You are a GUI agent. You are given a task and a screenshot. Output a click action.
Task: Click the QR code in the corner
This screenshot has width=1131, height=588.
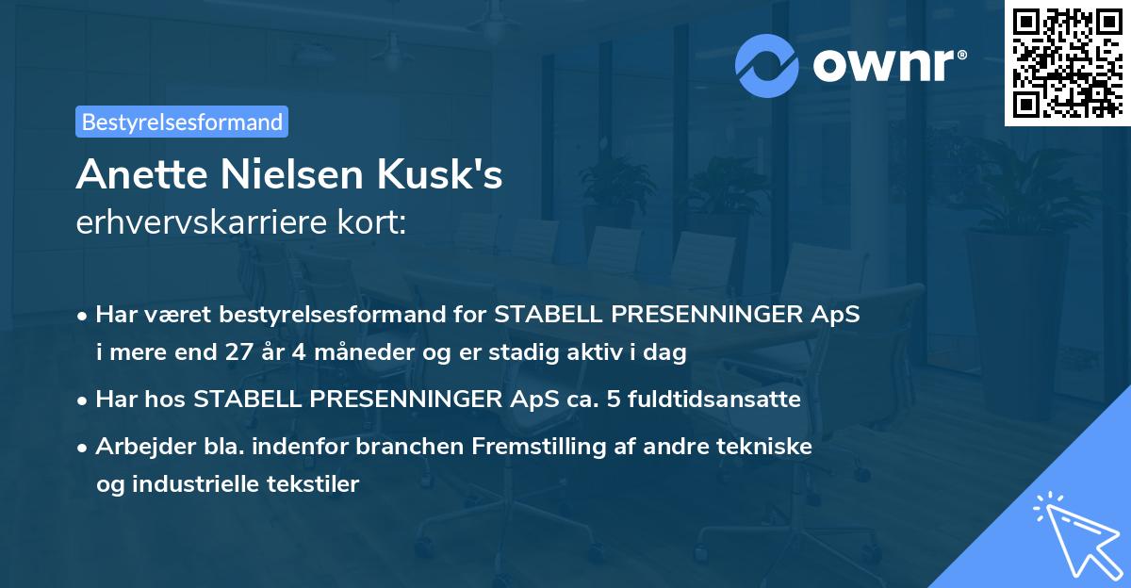coord(1067,62)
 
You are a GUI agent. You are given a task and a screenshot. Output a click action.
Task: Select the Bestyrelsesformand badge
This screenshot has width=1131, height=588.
coord(182,122)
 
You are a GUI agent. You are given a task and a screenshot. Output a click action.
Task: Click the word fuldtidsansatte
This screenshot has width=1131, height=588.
coord(735,400)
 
